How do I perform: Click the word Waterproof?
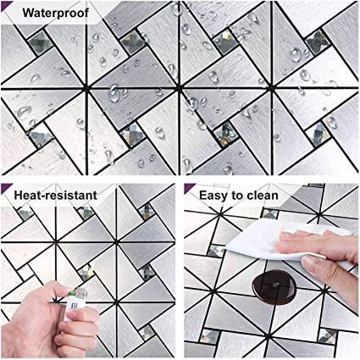[56, 13]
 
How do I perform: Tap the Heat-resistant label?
[55, 195]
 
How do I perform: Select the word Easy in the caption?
[213, 196]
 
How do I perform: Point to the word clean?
[262, 195]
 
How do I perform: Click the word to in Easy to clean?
[235, 196]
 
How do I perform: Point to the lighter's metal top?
[81, 293]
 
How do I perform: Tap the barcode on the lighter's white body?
[74, 306]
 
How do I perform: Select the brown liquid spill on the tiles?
[274, 287]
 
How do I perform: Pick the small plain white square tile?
[25, 272]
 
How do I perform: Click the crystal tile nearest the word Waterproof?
[41, 43]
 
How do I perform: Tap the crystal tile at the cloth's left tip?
[216, 252]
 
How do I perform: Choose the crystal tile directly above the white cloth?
[270, 213]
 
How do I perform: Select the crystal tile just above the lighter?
[86, 273]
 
